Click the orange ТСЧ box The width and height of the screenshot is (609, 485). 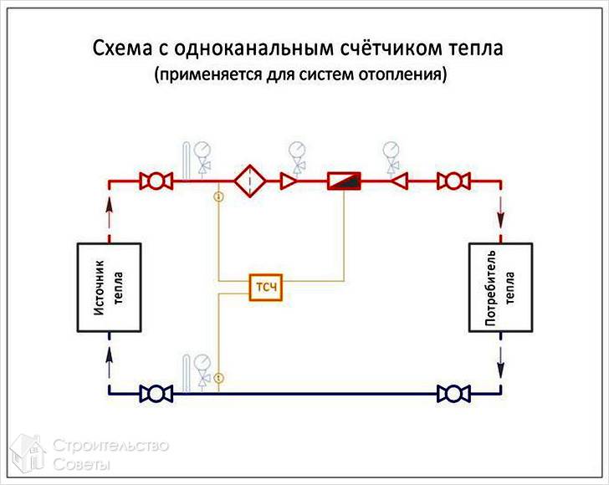point(267,288)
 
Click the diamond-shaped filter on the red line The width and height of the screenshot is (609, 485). point(248,180)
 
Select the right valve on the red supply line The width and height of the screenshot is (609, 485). point(453,180)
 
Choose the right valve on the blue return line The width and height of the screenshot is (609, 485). point(453,392)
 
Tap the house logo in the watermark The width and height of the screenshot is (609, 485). point(27,452)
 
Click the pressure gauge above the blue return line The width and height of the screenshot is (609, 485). point(202,363)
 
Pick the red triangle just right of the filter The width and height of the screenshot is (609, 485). point(289,180)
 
